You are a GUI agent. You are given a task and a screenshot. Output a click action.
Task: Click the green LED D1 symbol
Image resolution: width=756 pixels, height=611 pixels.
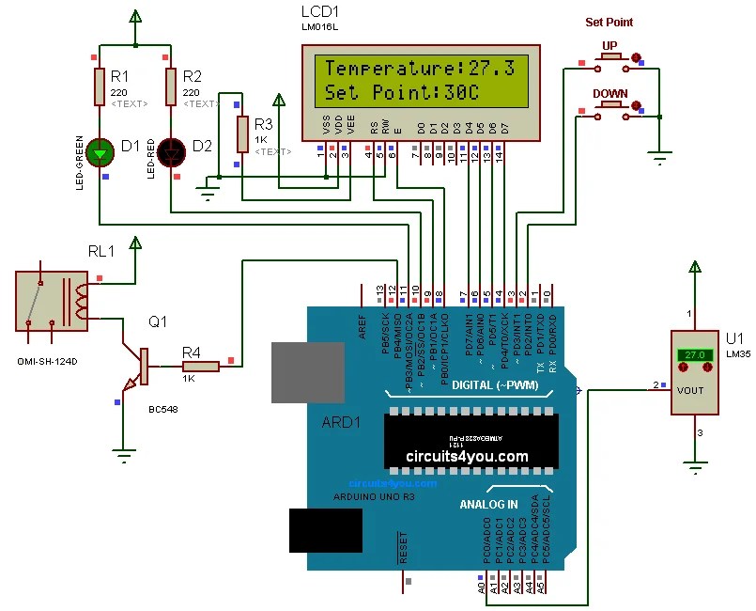[100, 150]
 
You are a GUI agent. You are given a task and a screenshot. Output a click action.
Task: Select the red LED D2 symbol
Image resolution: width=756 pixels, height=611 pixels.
[171, 150]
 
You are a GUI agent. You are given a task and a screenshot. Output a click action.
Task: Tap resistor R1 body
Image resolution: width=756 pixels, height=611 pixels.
[100, 86]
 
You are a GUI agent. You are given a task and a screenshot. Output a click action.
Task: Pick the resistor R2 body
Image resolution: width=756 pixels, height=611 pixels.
[171, 86]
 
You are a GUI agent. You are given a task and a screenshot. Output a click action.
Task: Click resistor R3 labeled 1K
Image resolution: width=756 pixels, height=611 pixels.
[242, 132]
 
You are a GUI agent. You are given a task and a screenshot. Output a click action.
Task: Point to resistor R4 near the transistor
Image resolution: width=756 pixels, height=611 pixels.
[200, 367]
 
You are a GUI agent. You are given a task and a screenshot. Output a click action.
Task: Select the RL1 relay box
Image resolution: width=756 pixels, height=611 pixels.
[53, 301]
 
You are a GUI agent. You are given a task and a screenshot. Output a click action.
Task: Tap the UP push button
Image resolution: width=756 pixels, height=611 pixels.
[609, 58]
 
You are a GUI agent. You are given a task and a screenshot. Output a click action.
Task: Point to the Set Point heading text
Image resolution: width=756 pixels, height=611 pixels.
[609, 23]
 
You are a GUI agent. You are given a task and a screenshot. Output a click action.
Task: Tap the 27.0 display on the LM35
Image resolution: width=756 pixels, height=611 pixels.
[694, 355]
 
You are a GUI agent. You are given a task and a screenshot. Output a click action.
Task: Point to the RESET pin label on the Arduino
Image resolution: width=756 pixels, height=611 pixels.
[404, 547]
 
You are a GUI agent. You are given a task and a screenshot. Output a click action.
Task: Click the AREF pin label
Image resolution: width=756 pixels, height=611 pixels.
[362, 324]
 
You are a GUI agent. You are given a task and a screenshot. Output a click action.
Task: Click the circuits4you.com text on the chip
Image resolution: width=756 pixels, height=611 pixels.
[467, 456]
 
